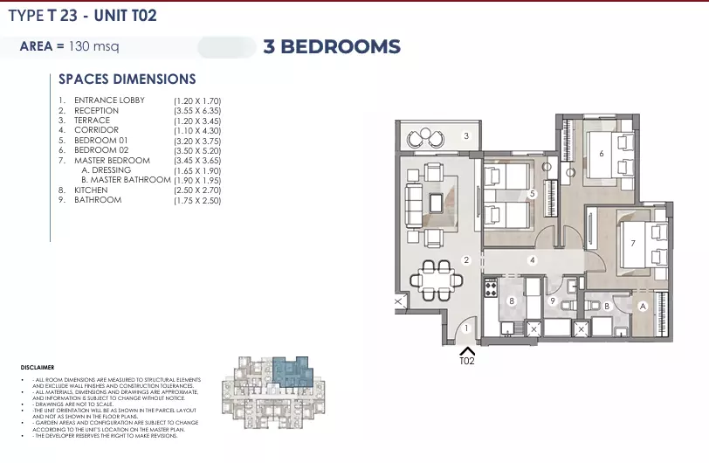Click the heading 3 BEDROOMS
point(331,47)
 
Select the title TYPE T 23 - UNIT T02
point(83,16)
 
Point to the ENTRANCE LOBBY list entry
point(109,100)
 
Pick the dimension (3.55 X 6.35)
point(197,111)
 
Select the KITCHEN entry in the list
point(91,190)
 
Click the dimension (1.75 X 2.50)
point(197,200)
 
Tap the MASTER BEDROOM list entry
point(112,161)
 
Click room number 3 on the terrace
point(466,135)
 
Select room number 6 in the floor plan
point(601,154)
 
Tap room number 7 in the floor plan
point(631,243)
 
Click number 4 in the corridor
point(532,259)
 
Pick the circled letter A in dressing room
point(642,305)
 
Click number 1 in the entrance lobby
point(466,328)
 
